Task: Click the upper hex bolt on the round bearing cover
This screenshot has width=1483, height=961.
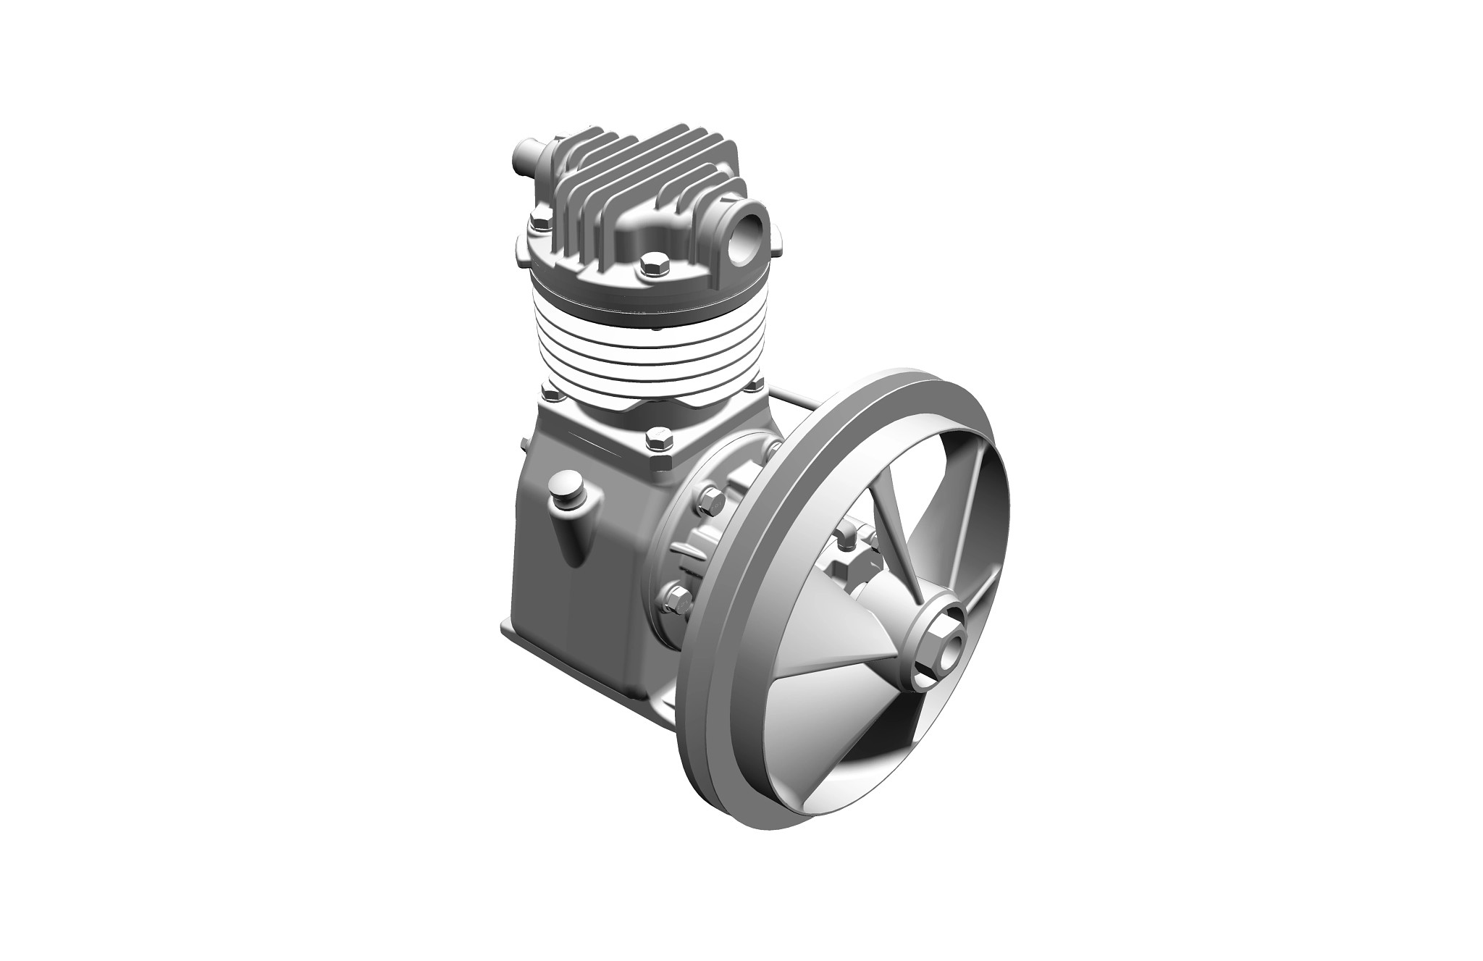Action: pyautogui.click(x=710, y=499)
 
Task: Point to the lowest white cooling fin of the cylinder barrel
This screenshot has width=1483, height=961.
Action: pyautogui.click(x=652, y=402)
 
